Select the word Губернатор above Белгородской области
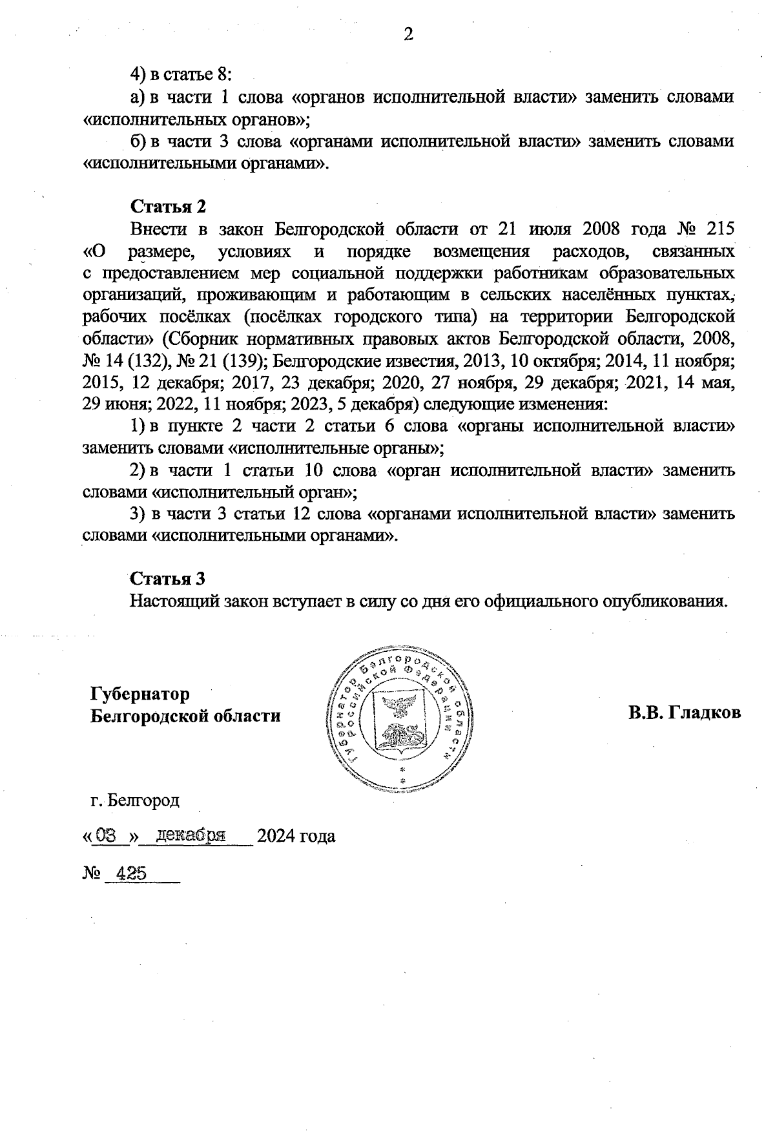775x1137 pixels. point(140,694)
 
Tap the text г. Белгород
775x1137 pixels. point(135,800)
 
